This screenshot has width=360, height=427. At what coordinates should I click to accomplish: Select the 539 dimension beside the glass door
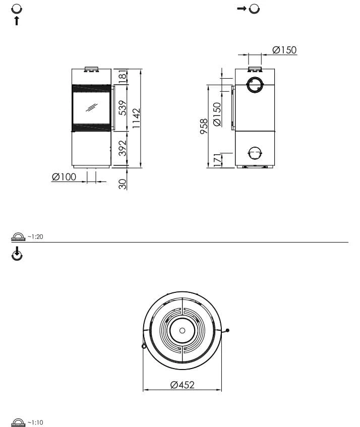pos(122,108)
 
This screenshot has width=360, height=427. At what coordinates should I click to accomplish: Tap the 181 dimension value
pos(122,76)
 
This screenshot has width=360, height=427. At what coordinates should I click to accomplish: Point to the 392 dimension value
pos(122,148)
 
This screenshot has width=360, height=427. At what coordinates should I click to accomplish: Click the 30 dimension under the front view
pos(122,184)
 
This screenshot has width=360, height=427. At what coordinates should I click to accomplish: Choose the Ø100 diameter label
pos(64,177)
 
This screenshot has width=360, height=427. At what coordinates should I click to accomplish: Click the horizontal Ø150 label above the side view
pos(284,50)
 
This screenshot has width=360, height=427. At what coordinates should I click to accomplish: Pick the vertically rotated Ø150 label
pos(217,114)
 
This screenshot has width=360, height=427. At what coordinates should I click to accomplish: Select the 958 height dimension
pos(204,126)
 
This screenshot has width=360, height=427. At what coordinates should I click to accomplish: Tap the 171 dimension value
pos(217,160)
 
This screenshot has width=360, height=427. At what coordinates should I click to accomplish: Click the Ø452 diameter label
pos(183,385)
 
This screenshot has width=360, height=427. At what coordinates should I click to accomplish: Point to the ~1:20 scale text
pos(35,236)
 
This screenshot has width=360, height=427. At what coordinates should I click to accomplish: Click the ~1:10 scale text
pos(35,422)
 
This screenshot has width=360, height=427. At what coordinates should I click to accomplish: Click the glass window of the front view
pos(91,108)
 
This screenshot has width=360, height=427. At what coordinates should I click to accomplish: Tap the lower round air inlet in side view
pos(255,153)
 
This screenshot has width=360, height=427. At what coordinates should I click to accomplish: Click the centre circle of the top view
pos(182,331)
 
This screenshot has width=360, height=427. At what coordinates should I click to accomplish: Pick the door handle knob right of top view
pos(227,331)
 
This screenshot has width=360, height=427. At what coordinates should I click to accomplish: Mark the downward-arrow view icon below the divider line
pos(17,255)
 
